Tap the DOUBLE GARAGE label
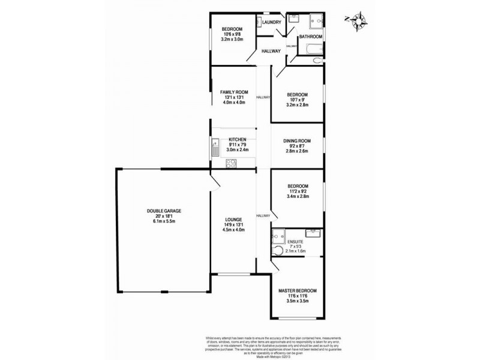point(164,211)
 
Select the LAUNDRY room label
point(272,22)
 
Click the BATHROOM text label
point(311,37)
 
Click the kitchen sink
point(214,145)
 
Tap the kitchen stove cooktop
point(230,163)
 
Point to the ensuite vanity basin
point(312,233)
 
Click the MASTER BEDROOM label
point(298,290)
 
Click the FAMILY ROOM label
point(234,92)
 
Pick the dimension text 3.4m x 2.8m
point(298,196)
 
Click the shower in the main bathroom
point(316,22)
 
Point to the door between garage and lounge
point(214,179)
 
